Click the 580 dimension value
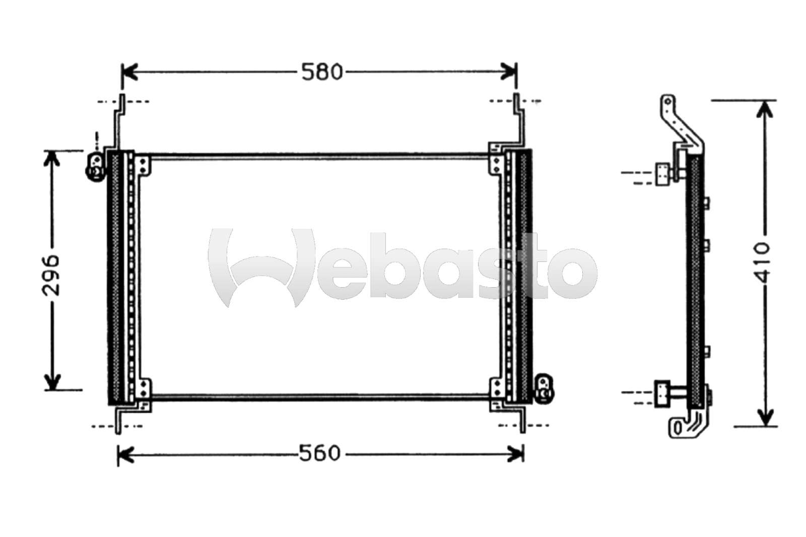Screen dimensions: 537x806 tap(322, 72)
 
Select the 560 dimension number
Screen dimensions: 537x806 tap(320, 453)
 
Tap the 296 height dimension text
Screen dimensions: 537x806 tap(51, 275)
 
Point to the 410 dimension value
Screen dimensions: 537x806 tap(764, 262)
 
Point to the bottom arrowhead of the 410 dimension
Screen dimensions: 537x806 tap(765, 418)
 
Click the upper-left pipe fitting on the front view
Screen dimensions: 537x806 tap(95, 166)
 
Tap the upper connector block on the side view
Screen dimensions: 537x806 tap(662, 174)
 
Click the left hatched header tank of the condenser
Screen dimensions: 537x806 tap(115, 277)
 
